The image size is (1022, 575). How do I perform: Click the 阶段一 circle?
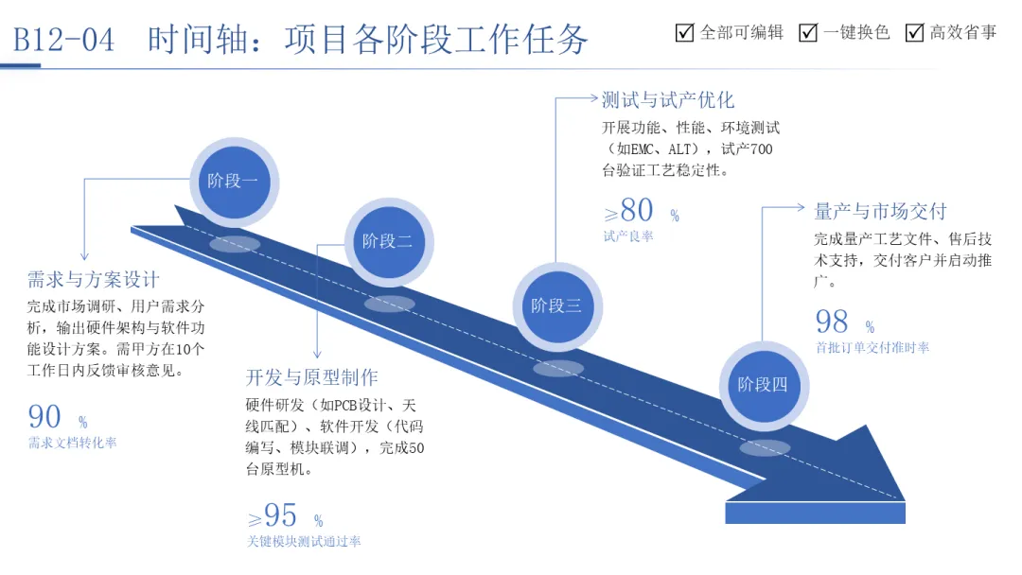[x=233, y=181]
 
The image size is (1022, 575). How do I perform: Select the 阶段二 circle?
[x=388, y=241]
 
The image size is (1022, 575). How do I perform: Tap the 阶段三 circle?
[x=556, y=305]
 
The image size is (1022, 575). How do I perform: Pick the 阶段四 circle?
[x=763, y=384]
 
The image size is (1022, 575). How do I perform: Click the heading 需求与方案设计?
[x=93, y=280]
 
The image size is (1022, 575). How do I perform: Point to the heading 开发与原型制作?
[x=311, y=377]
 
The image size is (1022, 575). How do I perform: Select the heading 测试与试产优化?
[x=668, y=99]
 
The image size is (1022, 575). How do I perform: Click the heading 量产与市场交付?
[x=880, y=211]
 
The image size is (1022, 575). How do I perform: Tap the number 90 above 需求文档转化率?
[x=44, y=417]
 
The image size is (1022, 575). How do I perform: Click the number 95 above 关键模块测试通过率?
[x=281, y=515]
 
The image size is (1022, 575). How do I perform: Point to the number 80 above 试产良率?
[x=638, y=211]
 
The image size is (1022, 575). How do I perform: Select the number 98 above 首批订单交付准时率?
[x=832, y=322]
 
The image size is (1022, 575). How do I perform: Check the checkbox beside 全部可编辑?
[x=685, y=33]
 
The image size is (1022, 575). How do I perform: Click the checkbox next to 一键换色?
[x=808, y=33]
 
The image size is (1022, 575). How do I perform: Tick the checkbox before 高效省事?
[x=914, y=33]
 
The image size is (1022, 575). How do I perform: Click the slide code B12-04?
[x=64, y=40]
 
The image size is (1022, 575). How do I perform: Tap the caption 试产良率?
[x=628, y=236]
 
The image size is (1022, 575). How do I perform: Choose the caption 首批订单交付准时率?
[x=872, y=348]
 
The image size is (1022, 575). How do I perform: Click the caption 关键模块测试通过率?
[x=303, y=542]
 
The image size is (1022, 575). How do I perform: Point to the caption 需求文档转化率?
[x=73, y=443]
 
